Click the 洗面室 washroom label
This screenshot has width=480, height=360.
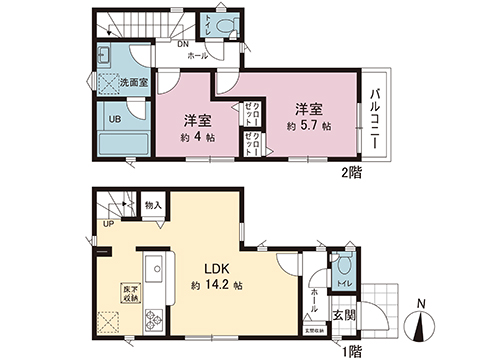134,81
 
